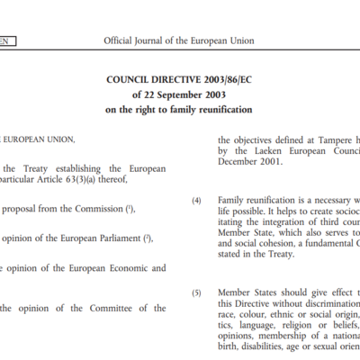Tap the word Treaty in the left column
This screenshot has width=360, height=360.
coord(38,167)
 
